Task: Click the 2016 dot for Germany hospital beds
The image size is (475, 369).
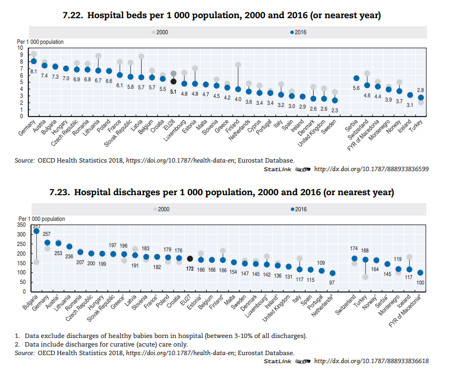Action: pyautogui.click(x=34, y=61)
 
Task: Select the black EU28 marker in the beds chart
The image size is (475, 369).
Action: pyautogui.click(x=173, y=81)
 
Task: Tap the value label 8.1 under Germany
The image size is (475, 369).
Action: pyautogui.click(x=33, y=71)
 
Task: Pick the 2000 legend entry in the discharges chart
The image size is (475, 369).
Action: pyautogui.click(x=160, y=209)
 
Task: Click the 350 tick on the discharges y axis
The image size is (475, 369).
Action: pyautogui.click(x=21, y=225)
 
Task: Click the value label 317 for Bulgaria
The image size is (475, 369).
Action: pyautogui.click(x=36, y=227)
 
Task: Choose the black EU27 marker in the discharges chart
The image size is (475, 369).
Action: pyautogui.click(x=190, y=259)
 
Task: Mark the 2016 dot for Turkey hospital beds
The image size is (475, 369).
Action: pyautogui.click(x=421, y=97)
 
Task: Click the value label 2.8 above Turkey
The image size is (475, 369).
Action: pyautogui.click(x=421, y=90)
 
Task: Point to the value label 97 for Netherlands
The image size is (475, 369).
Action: pyautogui.click(x=332, y=282)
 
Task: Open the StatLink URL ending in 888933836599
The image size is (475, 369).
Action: pyautogui.click(x=371, y=169)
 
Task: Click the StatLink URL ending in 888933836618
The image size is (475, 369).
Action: pyautogui.click(x=371, y=361)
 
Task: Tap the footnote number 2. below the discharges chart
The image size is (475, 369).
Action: pyautogui.click(x=17, y=344)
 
